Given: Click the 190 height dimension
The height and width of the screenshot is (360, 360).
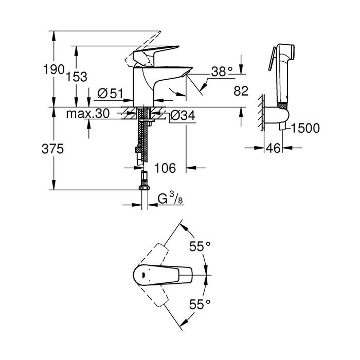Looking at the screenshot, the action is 53,69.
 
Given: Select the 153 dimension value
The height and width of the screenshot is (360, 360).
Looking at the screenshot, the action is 77,77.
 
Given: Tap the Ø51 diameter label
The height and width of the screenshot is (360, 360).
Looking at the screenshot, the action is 111,94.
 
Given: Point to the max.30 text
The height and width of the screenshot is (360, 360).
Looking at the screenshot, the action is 88,114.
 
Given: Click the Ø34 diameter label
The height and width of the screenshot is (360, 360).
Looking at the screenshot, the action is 183,115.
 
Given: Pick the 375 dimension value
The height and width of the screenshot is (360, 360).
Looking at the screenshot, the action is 52,149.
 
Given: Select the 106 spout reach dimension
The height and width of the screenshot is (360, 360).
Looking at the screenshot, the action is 165,168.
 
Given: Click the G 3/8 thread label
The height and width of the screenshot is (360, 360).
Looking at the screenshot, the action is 170,198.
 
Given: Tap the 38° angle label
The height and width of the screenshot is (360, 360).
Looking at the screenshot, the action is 222,71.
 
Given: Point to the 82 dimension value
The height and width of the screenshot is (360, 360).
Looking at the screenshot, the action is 241,91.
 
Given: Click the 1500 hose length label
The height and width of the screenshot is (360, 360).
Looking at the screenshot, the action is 305,128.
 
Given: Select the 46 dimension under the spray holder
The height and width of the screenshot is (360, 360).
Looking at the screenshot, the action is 273,148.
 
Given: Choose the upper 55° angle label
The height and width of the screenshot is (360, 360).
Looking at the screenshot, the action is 200,246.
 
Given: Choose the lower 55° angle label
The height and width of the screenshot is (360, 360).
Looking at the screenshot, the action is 200,304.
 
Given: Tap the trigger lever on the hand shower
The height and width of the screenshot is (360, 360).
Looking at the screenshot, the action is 272,59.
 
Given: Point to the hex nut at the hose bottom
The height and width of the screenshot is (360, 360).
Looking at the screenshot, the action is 144,188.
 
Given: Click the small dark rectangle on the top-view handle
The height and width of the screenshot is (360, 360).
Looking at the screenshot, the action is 143,275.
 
